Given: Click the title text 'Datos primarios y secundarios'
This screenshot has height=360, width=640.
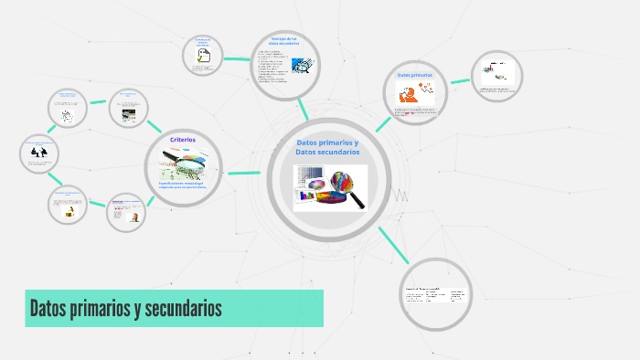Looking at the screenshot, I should [x=125, y=309].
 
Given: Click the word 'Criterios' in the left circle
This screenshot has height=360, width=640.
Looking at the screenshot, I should [x=183, y=140].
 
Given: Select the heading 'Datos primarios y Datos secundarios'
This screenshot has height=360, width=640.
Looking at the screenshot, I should [x=327, y=147].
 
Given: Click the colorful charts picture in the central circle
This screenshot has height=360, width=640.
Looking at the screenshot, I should [x=329, y=188].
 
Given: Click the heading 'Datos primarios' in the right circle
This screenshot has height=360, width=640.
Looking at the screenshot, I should [x=414, y=74].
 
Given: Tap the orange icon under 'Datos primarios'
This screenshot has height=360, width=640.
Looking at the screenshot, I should [x=408, y=93].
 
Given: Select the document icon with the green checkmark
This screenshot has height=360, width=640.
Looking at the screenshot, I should [x=203, y=57].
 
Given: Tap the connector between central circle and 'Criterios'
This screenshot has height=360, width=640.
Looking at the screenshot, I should [x=244, y=172].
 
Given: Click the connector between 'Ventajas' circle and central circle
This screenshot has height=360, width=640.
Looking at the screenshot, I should [x=304, y=110].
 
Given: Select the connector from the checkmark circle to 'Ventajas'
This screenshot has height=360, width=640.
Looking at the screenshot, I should [x=237, y=58].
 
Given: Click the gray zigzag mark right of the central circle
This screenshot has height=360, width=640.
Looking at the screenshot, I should [x=400, y=195].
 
